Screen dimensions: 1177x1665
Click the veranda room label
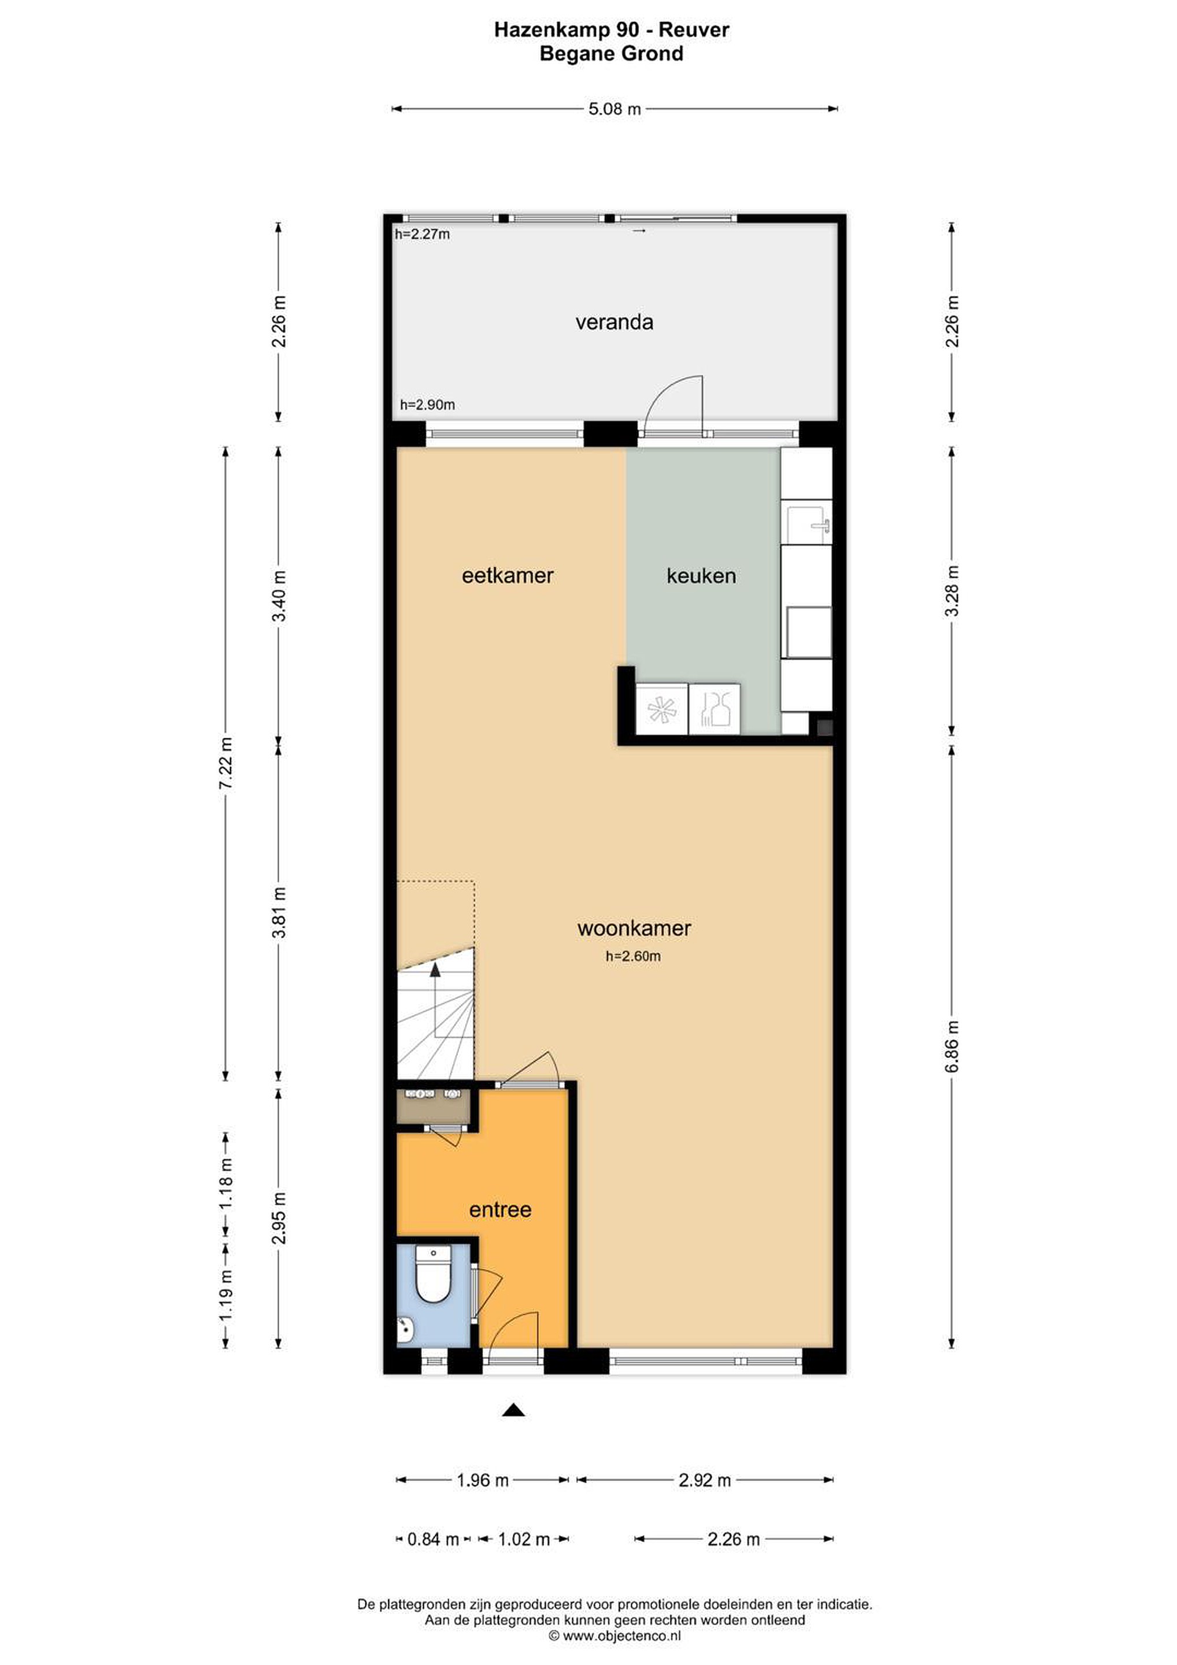click(x=615, y=322)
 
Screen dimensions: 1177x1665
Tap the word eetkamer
click(x=508, y=576)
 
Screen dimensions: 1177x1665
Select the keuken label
click(x=701, y=576)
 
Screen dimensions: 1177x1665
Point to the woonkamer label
click(x=634, y=928)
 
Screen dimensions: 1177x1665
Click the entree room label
click(x=501, y=1209)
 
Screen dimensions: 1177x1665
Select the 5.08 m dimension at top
click(x=615, y=109)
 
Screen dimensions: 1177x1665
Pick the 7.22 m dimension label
click(x=226, y=764)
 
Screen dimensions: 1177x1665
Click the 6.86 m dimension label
click(x=953, y=1046)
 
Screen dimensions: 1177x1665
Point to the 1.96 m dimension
click(x=482, y=1480)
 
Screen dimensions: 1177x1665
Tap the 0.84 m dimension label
click(x=433, y=1539)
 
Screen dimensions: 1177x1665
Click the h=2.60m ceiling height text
click(x=633, y=956)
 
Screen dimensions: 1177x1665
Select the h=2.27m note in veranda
click(x=422, y=234)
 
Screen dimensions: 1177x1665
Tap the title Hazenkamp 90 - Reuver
click(x=612, y=29)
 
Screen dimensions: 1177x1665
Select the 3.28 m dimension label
click(x=953, y=591)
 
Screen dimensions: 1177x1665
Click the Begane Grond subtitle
click(x=612, y=54)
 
